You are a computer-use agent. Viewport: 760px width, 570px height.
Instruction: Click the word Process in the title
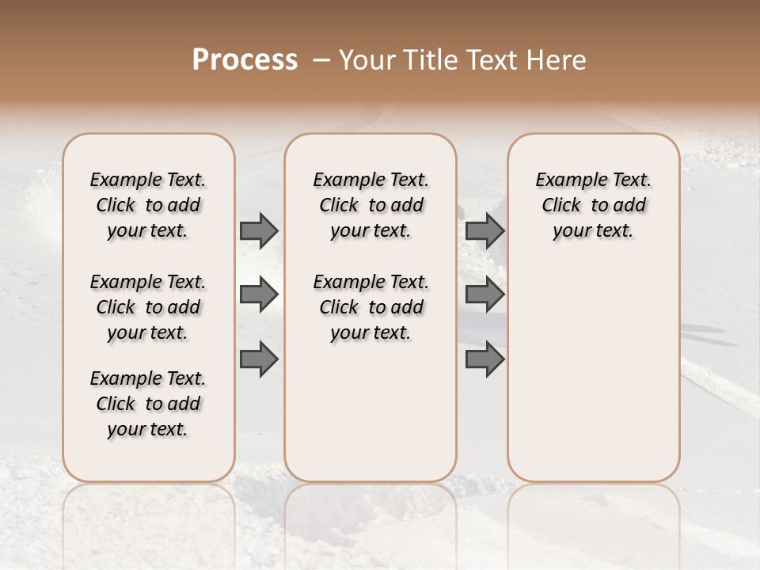(245, 60)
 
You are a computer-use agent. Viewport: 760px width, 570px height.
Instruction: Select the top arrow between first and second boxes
(259, 230)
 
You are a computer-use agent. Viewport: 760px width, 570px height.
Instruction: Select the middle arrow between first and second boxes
(259, 294)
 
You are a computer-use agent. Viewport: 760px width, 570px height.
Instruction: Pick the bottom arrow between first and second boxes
(259, 359)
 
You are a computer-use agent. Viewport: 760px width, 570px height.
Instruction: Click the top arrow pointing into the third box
(484, 230)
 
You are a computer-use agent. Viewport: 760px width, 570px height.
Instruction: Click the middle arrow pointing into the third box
(484, 294)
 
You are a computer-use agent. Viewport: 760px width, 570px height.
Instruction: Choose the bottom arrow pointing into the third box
(484, 359)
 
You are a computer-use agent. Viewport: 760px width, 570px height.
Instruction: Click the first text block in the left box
(148, 205)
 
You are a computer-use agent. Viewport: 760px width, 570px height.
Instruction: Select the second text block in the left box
(148, 307)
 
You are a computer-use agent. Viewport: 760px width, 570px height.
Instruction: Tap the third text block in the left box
(148, 404)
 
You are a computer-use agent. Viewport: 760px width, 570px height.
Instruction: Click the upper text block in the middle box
(370, 205)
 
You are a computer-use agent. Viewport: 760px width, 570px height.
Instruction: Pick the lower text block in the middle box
(370, 307)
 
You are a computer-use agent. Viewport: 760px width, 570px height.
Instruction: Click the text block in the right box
(593, 205)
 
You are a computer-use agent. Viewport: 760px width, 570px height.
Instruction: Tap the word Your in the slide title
(367, 60)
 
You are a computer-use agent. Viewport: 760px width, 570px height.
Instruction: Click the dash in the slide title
(321, 60)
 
